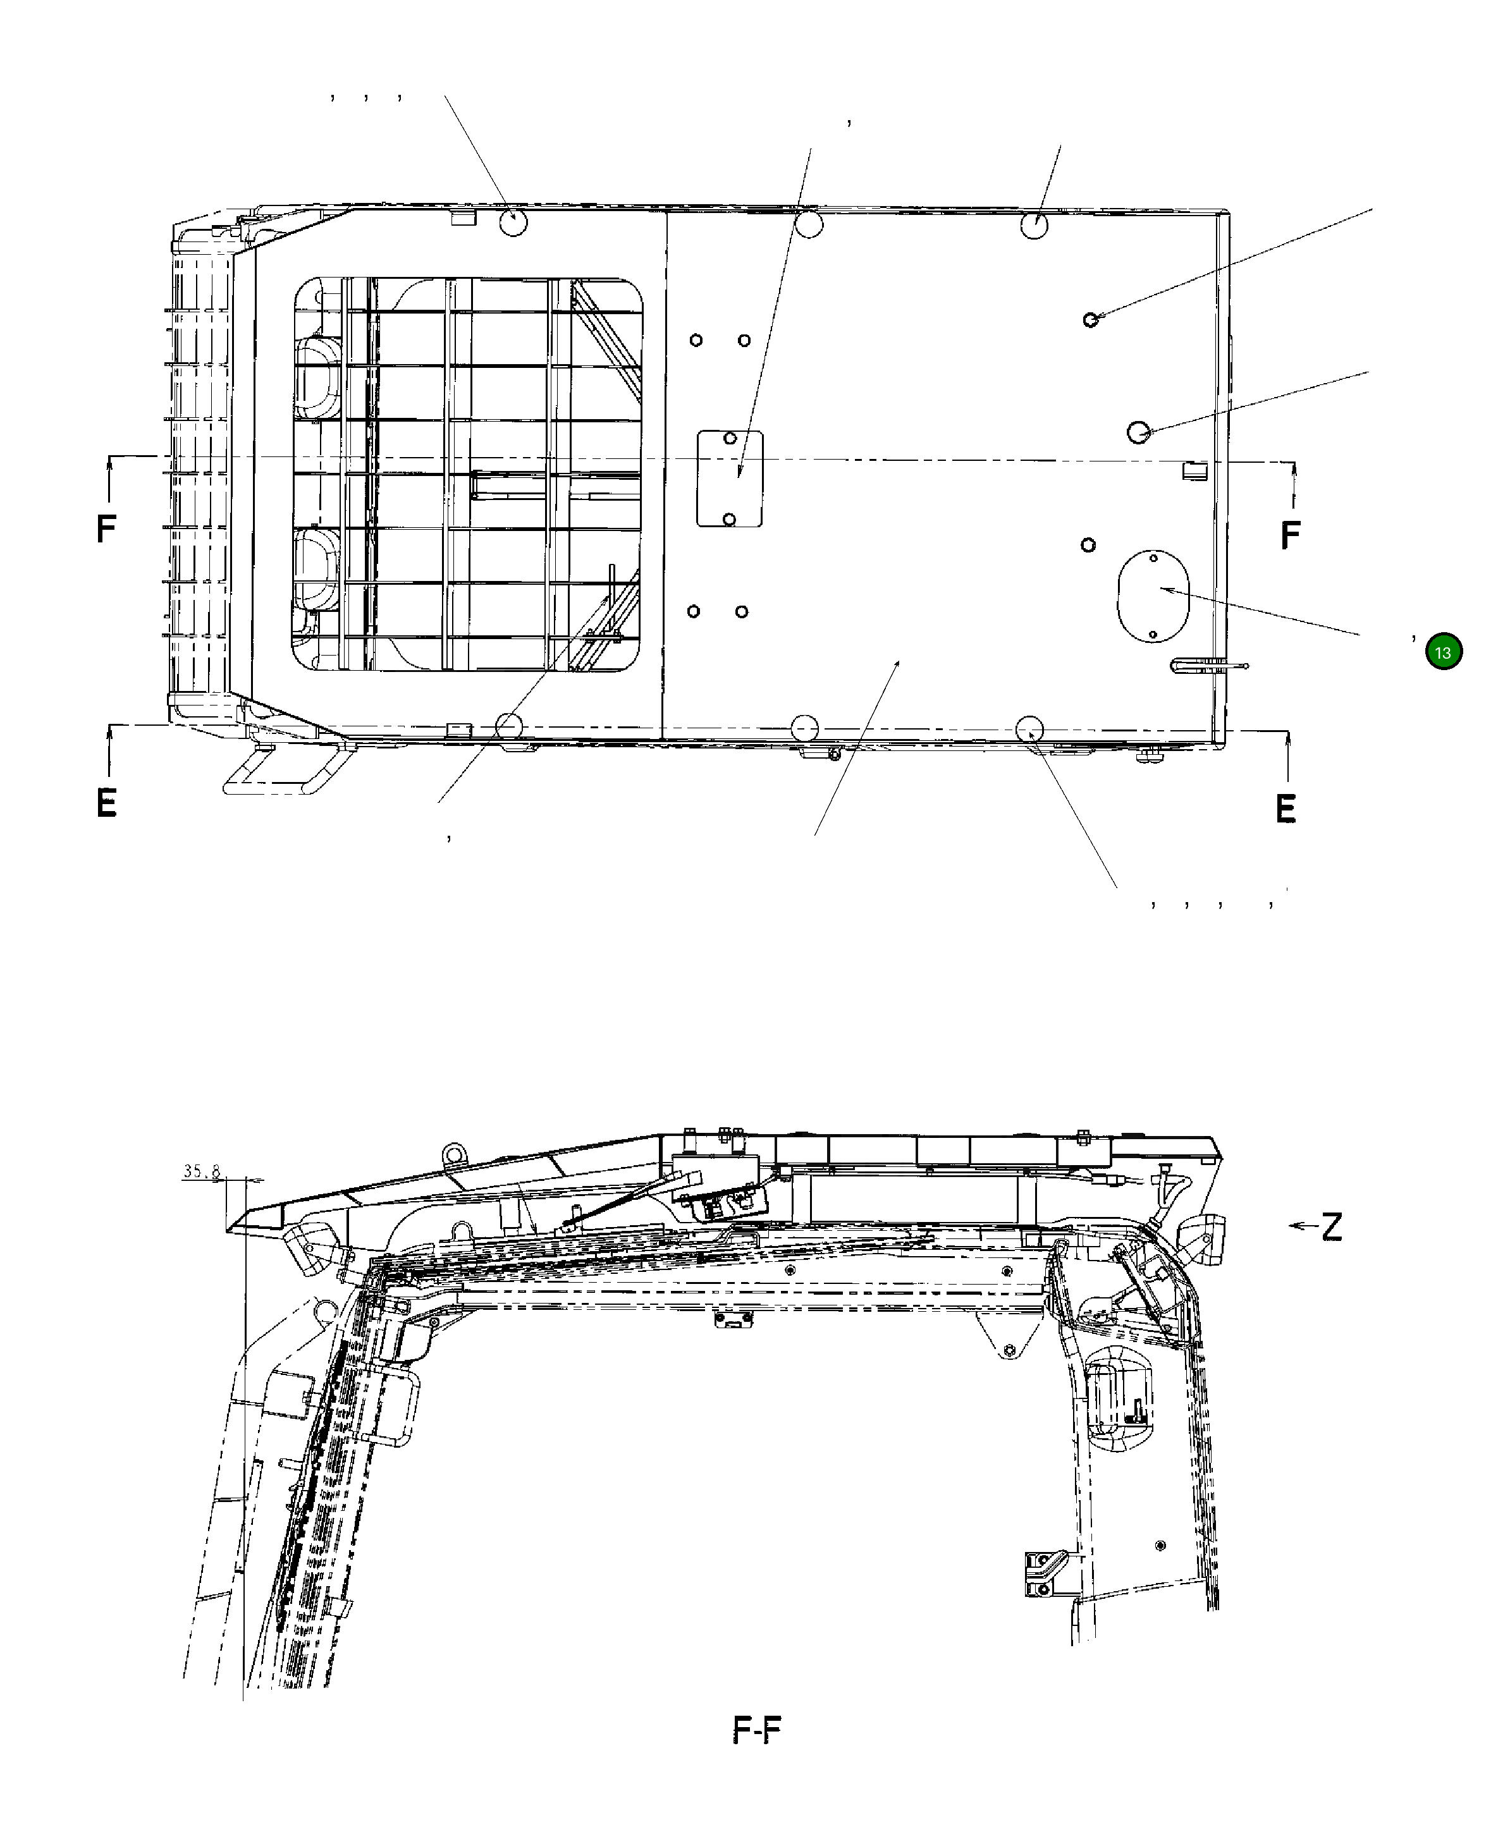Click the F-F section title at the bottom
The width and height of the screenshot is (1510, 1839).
pyautogui.click(x=757, y=1730)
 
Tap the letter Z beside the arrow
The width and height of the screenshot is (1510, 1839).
pyautogui.click(x=1331, y=1227)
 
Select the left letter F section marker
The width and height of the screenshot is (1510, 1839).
pyautogui.click(x=106, y=528)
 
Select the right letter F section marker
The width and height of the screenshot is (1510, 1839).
pyautogui.click(x=1290, y=535)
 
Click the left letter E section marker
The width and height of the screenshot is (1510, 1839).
pyautogui.click(x=106, y=803)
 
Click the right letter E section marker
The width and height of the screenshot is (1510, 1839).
pyautogui.click(x=1286, y=809)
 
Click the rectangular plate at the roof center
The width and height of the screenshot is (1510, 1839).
pyautogui.click(x=730, y=478)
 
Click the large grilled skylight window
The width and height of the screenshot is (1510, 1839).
pyautogui.click(x=468, y=475)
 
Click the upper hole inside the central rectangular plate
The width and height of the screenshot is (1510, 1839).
pyautogui.click(x=730, y=439)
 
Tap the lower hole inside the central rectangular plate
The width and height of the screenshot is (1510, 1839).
pyautogui.click(x=730, y=519)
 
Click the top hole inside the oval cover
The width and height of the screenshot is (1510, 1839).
pyautogui.click(x=1153, y=558)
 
